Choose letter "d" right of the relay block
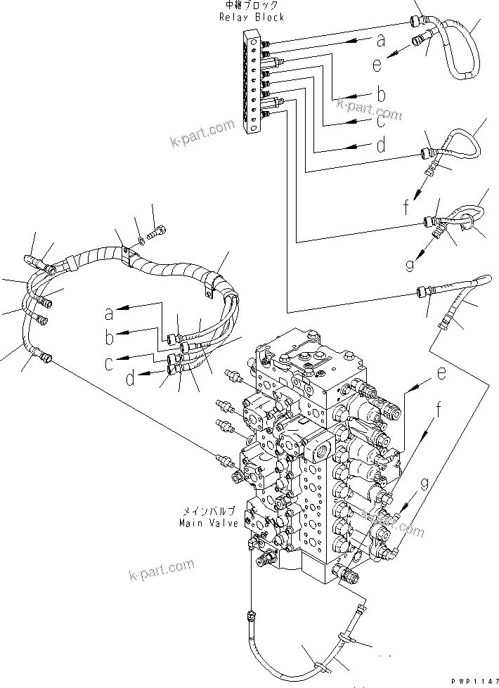click(x=380, y=147)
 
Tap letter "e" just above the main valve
click(x=440, y=374)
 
